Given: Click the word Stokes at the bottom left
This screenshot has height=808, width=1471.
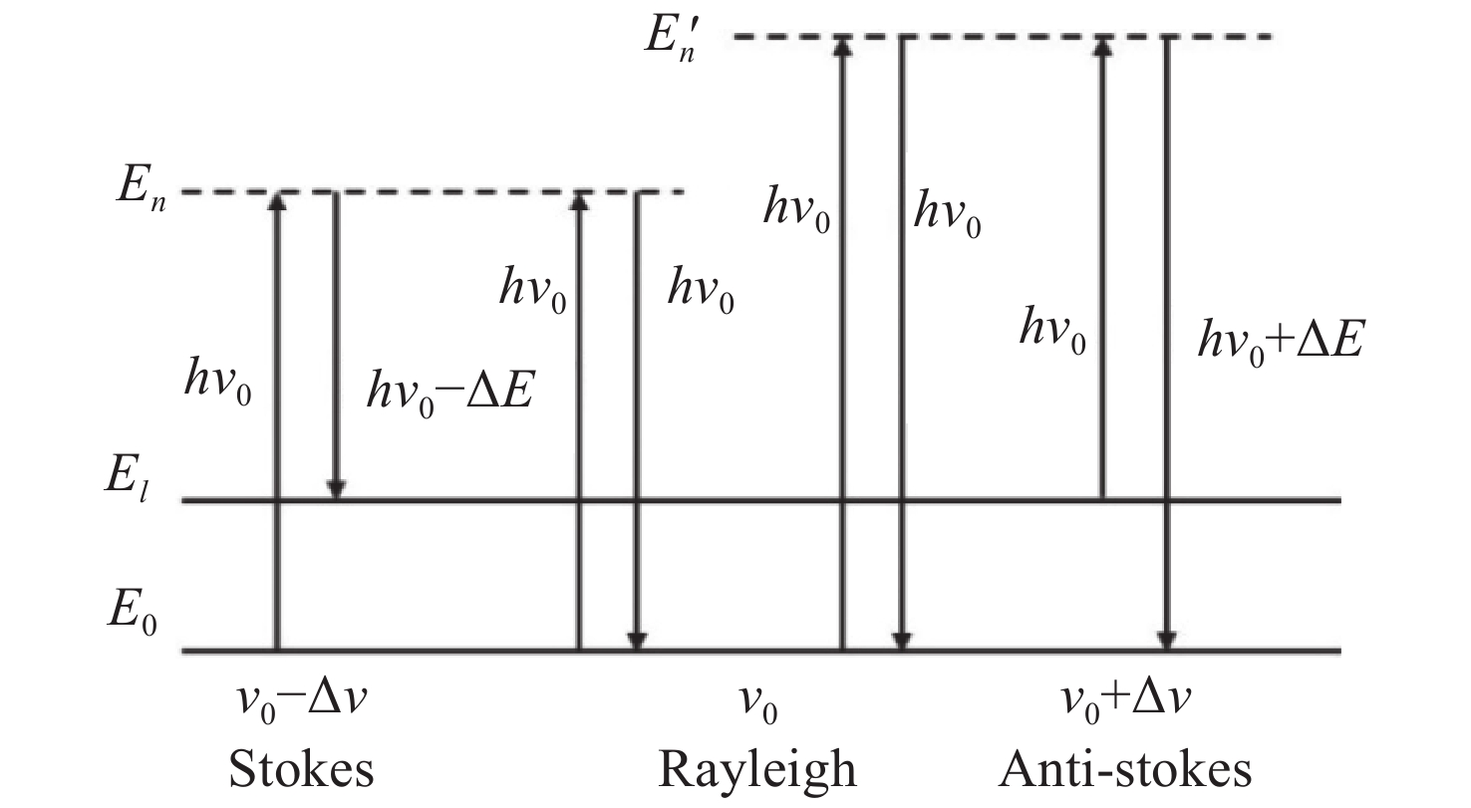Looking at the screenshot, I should [x=301, y=770].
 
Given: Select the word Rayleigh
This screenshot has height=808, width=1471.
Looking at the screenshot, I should [x=756, y=770].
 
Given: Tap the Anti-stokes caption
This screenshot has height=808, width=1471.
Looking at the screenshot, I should [x=1126, y=770].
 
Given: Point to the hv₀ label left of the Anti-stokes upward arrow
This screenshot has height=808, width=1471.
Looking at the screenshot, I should [x=1051, y=328].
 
